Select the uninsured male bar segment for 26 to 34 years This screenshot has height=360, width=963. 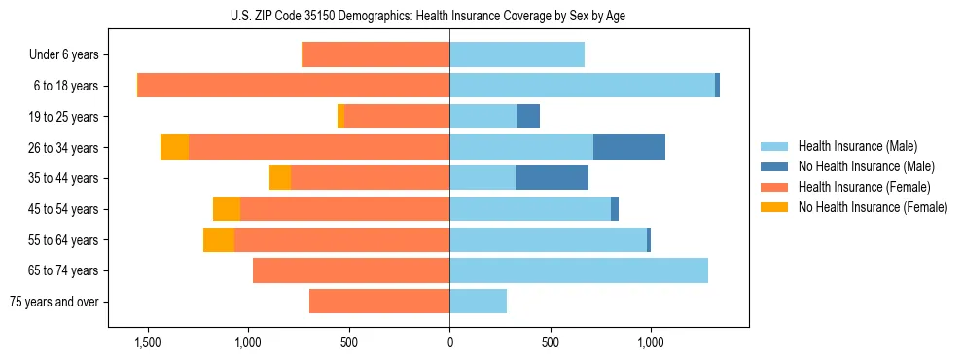(x=629, y=147)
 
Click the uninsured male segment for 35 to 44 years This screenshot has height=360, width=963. (x=552, y=178)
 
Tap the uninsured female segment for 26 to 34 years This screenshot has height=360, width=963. (x=174, y=147)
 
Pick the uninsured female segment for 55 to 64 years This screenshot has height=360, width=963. (x=218, y=239)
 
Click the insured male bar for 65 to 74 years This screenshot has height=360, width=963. (x=579, y=270)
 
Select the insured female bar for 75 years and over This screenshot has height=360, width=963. (x=379, y=302)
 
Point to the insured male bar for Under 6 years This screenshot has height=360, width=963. (x=517, y=54)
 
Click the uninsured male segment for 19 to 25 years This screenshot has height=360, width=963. (x=528, y=117)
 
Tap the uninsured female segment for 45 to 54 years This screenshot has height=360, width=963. (x=227, y=209)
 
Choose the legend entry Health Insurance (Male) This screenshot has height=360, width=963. (x=857, y=146)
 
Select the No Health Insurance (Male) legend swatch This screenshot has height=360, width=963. (x=774, y=166)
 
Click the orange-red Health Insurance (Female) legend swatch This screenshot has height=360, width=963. (x=774, y=187)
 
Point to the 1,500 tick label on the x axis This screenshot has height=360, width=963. (x=147, y=342)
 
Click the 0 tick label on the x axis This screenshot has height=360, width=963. (x=449, y=342)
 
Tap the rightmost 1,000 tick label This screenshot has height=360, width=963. (x=651, y=342)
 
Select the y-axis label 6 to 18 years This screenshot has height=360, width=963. (x=65, y=86)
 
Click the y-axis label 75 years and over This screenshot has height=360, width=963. (x=53, y=302)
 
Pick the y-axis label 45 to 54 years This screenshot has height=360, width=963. (x=62, y=209)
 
